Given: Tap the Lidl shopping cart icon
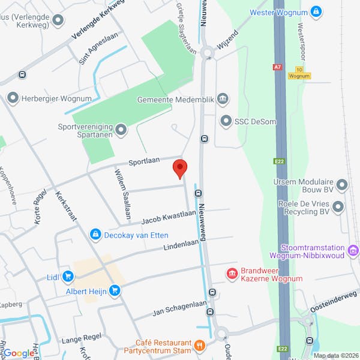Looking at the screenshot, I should click(x=68, y=277).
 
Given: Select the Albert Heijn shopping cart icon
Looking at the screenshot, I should click(x=114, y=291).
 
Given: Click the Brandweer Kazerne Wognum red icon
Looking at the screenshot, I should click(x=232, y=274).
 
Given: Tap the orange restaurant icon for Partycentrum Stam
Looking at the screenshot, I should click(x=200, y=346).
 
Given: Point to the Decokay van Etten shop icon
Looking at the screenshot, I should click(x=95, y=235).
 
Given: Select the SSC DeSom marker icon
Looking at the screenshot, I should click(x=226, y=121).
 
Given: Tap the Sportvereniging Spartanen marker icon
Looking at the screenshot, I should click(x=121, y=130).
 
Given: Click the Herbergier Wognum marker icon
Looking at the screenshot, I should click(x=13, y=98).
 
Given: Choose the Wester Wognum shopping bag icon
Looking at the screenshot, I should click(x=316, y=11).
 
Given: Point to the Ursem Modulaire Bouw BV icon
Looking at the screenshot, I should click(x=341, y=185).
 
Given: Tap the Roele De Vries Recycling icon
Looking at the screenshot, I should click(x=338, y=207).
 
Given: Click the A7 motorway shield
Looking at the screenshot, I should click(x=277, y=68).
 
